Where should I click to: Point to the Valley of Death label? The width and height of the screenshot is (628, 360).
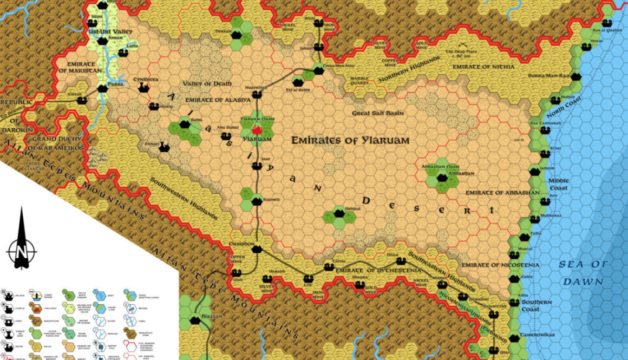click(207, 84)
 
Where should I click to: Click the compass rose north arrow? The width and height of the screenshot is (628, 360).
click(21, 238)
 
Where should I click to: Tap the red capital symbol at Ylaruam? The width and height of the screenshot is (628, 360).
click(257, 130)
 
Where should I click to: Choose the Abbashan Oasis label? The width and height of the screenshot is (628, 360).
click(437, 167)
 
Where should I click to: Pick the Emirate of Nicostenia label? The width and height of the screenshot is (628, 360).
click(493, 265)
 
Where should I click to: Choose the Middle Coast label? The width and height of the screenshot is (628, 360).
click(558, 184)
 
